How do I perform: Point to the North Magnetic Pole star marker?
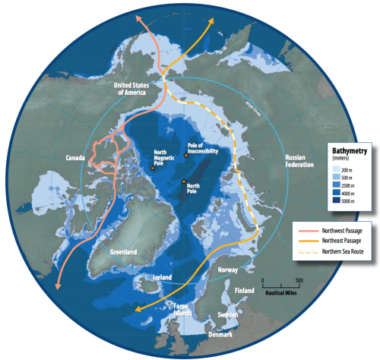pos(152,168)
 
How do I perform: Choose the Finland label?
pos(245,290)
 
